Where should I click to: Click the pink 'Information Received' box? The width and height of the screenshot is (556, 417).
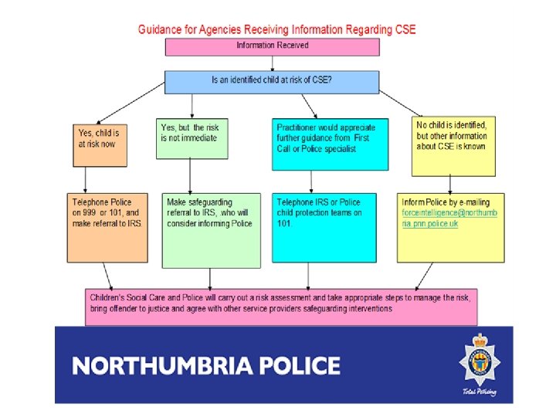[x=273, y=46]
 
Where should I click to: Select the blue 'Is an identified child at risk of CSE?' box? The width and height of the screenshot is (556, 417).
[x=272, y=82]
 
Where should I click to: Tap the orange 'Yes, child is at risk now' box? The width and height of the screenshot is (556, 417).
[x=99, y=144]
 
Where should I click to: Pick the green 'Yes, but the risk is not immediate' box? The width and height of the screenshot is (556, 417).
[x=192, y=138]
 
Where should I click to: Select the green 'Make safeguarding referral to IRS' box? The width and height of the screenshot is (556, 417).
[x=211, y=229]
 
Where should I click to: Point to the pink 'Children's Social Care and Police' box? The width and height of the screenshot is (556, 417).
[x=281, y=307]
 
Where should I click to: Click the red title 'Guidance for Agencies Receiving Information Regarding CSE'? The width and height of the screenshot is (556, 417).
[x=276, y=29]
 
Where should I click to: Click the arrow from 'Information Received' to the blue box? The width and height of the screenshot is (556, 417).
[x=272, y=63]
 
